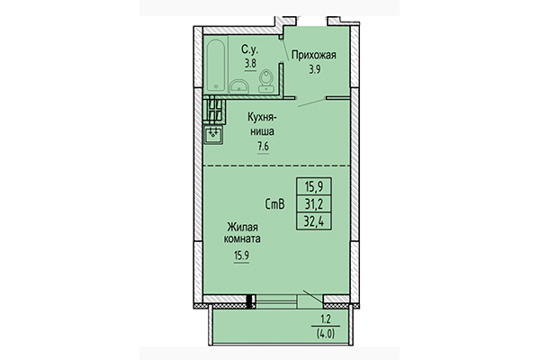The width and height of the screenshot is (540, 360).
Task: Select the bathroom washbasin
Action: (239, 85)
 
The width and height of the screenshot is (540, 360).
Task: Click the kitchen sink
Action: (215, 136)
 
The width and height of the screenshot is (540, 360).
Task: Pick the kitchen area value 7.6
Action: (264, 146)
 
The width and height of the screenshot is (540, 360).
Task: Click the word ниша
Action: (264, 130)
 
